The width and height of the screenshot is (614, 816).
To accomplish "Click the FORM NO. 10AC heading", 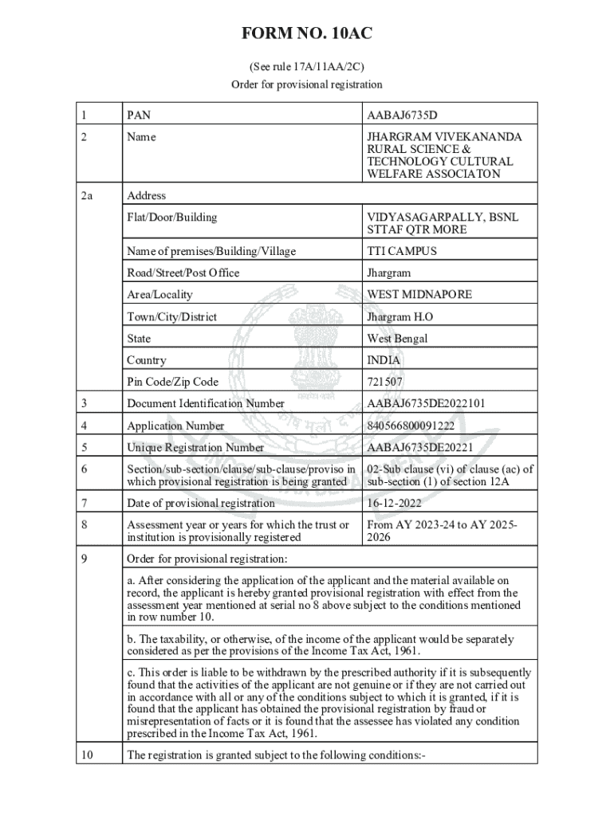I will tap(307, 33).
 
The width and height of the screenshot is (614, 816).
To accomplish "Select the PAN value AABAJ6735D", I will tap(403, 116).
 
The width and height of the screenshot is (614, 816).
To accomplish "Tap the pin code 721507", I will tap(385, 382).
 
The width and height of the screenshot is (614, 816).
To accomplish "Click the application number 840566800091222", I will tap(411, 426).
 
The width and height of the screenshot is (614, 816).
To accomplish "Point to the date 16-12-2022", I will tap(394, 503).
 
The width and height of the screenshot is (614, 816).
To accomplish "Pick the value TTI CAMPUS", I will tap(402, 251).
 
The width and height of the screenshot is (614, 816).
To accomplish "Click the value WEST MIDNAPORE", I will tap(419, 295).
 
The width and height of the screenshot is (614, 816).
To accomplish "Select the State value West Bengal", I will tap(397, 339).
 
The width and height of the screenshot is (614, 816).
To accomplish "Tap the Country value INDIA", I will tap(384, 360).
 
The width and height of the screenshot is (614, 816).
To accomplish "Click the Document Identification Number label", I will tap(206, 403).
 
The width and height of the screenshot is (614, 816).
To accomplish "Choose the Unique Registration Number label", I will tap(195, 447).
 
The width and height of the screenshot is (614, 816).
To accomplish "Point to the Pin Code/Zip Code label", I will tap(172, 382).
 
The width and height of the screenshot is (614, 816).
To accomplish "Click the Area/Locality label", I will tap(159, 295).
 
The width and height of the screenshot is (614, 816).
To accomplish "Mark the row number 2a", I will tap(88, 195).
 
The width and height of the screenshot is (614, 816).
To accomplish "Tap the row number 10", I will tap(87, 755).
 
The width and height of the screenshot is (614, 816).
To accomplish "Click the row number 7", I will tap(84, 503).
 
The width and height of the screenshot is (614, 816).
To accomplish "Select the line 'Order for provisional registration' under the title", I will tap(307, 84).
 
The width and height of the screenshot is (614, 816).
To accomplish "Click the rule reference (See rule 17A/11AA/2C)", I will tap(307, 67).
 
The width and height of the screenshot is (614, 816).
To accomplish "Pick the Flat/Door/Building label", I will tap(171, 217).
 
